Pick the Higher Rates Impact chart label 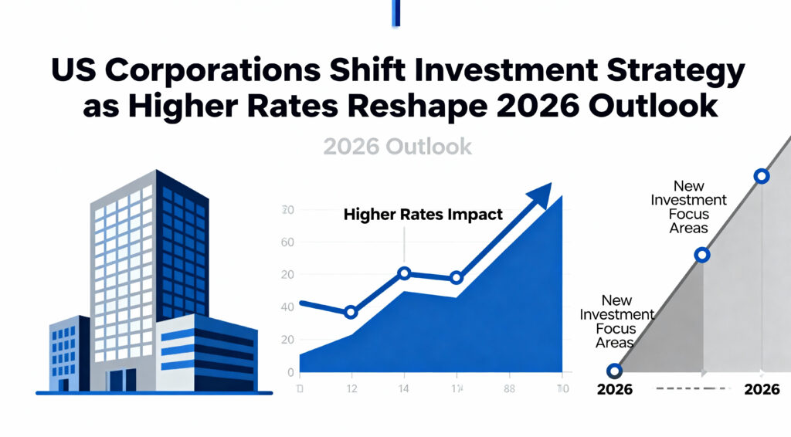423,215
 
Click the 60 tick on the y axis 287,242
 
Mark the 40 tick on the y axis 287,307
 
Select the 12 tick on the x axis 351,388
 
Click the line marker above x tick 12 351,312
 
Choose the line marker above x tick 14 404,273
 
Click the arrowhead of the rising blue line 541,194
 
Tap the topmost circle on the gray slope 761,176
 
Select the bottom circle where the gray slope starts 614,371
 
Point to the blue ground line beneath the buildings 154,393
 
